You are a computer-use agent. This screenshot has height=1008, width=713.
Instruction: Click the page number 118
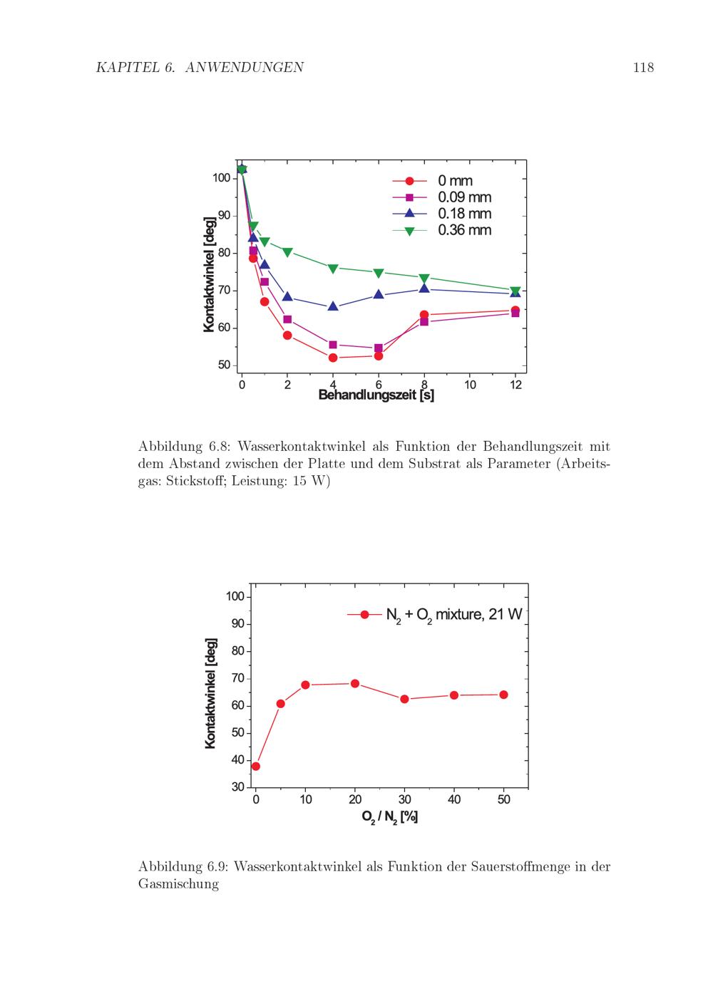642,68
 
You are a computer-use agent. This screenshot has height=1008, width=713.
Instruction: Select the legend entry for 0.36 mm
464,230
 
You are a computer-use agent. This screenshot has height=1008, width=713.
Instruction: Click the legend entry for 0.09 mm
464,197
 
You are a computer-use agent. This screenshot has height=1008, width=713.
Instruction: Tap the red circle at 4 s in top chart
333,358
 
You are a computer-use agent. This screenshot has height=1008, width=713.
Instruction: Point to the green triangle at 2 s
287,252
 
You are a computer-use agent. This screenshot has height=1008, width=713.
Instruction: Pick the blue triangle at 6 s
379,294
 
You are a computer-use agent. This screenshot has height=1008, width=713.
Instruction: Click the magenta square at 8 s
424,321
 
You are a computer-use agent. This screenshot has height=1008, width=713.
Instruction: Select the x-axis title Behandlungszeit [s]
376,395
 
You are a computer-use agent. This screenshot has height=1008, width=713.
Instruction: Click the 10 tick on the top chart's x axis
470,385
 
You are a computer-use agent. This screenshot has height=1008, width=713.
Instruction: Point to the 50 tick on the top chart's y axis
223,365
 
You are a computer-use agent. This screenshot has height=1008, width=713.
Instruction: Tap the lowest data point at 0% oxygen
256,767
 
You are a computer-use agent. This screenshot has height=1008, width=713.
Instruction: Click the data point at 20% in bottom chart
355,683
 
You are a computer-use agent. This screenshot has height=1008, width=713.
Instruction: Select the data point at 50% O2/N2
503,695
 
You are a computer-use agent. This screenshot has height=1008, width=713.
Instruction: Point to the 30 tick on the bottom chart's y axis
237,787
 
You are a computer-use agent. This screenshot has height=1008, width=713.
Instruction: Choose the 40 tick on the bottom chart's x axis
454,799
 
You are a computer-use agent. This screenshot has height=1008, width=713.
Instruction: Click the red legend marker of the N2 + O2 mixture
365,614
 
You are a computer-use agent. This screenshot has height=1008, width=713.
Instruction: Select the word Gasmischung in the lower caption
178,884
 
